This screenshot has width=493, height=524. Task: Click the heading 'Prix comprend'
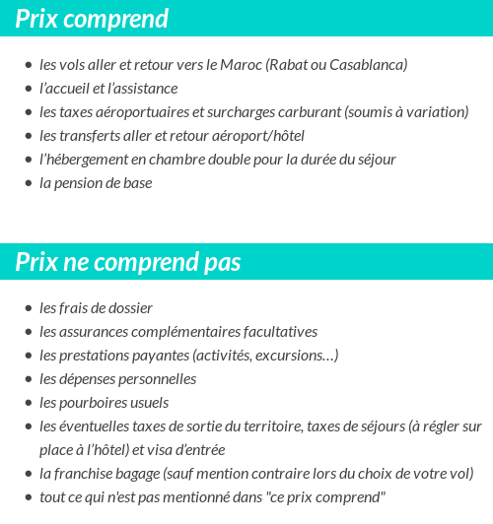pos(92,19)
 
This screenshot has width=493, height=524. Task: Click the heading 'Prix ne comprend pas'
pos(128,263)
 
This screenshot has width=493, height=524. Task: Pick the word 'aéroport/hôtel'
pos(258,136)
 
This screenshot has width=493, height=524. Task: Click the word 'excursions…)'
pos(294,356)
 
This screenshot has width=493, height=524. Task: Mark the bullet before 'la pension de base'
pos(28,184)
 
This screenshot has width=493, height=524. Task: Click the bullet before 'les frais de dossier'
pos(28,309)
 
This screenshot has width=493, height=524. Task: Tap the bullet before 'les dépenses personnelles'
pos(28,380)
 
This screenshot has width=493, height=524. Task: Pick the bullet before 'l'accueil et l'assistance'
pos(28,90)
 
